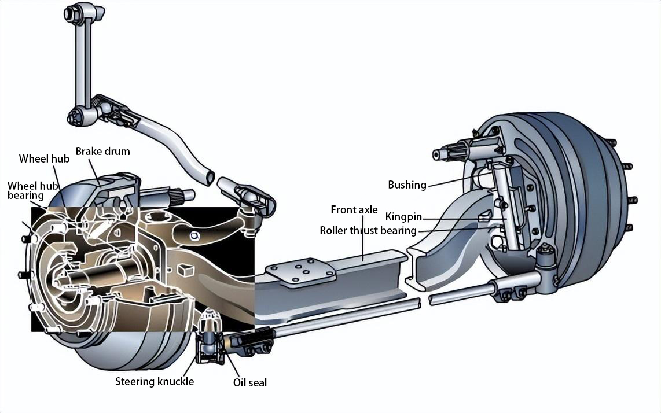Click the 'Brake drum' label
click(x=102, y=152)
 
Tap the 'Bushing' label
click(x=407, y=185)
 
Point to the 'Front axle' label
click(x=354, y=209)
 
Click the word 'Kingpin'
click(x=403, y=217)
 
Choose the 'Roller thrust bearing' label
click(x=368, y=231)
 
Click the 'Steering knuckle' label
click(x=155, y=381)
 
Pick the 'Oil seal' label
click(x=249, y=382)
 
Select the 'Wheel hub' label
click(x=44, y=158)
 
